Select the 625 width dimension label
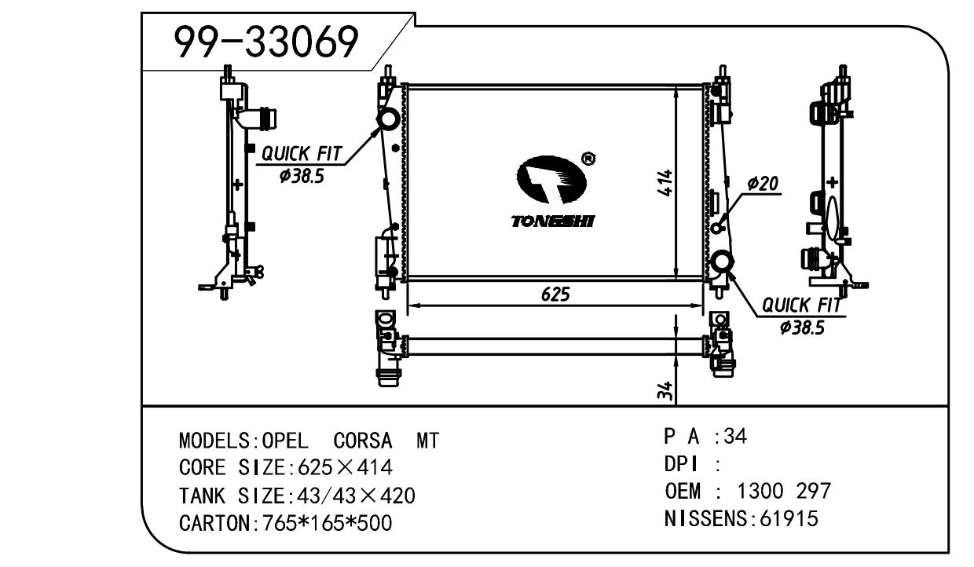click(555, 294)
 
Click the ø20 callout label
click(762, 184)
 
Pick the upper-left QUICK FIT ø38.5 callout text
click(302, 163)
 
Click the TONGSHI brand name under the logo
click(552, 221)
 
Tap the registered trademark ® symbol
click(587, 159)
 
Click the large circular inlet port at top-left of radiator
click(388, 119)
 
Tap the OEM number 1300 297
click(783, 492)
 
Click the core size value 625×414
click(341, 468)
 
